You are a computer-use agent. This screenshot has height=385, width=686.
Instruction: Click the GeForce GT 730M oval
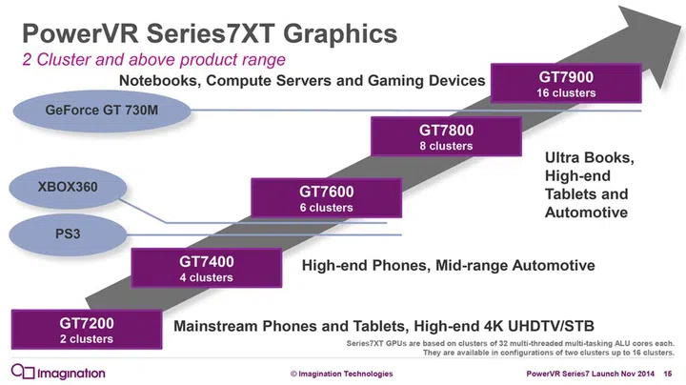(x=102, y=111)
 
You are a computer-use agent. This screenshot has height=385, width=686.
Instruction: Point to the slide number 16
(x=669, y=374)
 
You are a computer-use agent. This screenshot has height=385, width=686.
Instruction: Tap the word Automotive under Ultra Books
(x=586, y=213)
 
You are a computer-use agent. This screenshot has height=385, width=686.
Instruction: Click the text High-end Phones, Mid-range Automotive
(x=448, y=265)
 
